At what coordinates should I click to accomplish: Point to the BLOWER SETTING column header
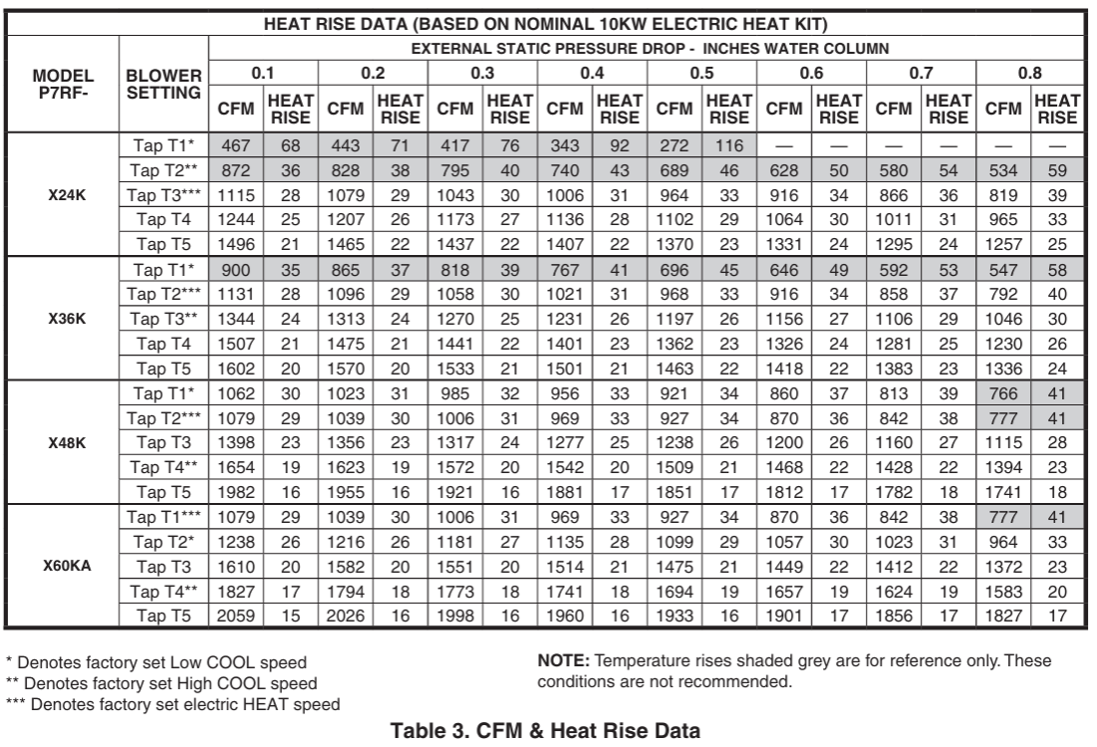point(164,83)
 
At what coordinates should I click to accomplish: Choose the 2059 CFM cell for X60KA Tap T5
point(233,616)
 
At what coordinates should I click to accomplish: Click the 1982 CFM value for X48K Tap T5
point(233,493)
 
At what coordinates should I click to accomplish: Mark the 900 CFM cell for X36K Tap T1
point(233,269)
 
